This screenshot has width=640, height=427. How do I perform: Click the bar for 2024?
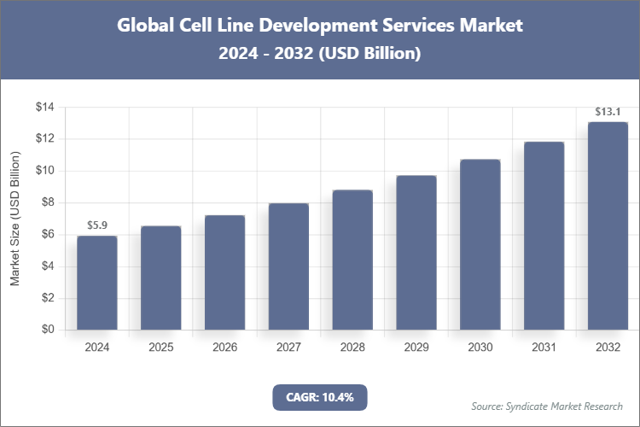click(96, 283)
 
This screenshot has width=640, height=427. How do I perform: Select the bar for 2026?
click(224, 272)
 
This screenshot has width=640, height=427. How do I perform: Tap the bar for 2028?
click(352, 260)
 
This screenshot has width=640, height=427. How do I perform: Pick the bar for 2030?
click(480, 244)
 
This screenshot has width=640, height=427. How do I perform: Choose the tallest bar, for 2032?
click(608, 225)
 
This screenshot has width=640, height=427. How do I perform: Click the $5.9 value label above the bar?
click(96, 225)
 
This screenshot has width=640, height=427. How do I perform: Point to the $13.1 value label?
click(608, 111)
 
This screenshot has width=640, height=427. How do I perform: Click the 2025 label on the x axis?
click(160, 348)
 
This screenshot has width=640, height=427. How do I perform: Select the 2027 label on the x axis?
click(288, 348)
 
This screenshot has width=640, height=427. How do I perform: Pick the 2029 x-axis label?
click(416, 348)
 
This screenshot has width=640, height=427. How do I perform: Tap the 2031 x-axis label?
click(544, 348)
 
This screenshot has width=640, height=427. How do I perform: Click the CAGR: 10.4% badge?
click(319, 397)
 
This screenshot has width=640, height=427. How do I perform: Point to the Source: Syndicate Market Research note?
click(546, 406)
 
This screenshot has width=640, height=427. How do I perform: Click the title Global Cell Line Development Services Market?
click(319, 26)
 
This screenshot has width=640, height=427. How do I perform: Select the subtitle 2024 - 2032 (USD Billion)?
click(319, 53)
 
